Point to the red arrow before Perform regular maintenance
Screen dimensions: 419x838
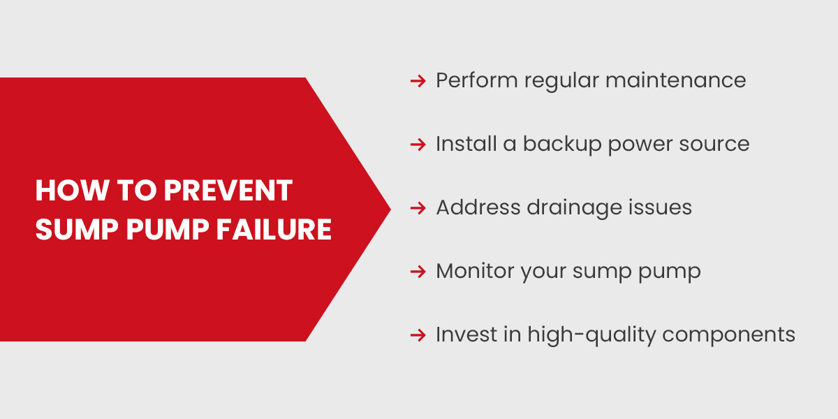tap(418, 81)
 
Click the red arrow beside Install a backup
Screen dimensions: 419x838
tap(418, 145)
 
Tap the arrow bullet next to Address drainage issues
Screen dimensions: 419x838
tap(418, 208)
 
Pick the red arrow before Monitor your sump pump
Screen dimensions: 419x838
tap(418, 272)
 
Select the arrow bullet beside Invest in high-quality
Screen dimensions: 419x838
tap(418, 335)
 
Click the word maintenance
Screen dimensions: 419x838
tap(675, 80)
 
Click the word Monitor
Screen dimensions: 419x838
tap(474, 271)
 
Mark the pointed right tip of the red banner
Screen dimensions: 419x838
tap(389, 209)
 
